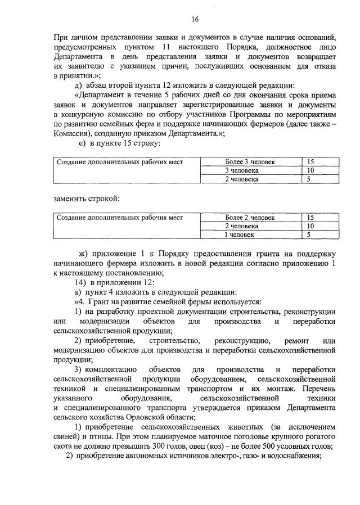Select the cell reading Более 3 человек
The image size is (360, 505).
[x=241, y=162]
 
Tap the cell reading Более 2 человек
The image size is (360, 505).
[x=241, y=217]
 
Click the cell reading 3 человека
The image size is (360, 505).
[x=241, y=170]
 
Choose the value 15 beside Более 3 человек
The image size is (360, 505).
[x=310, y=162]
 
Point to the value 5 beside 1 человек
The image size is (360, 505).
[x=308, y=234]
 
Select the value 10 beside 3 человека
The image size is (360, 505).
[x=310, y=170]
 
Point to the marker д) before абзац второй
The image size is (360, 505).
[x=79, y=85]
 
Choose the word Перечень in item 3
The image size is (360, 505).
[x=319, y=389]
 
